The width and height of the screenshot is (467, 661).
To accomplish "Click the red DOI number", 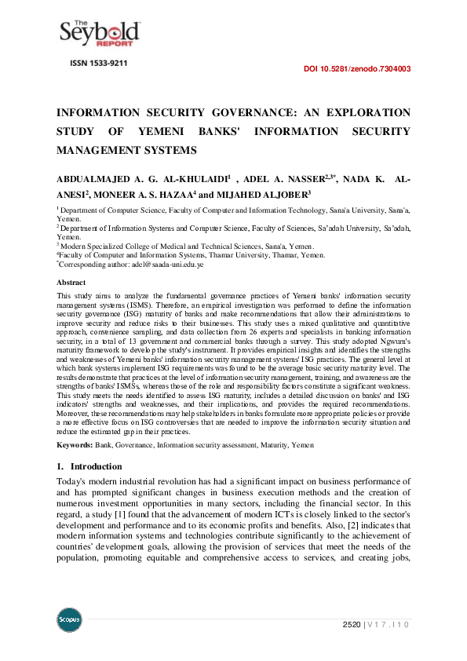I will click(356, 69).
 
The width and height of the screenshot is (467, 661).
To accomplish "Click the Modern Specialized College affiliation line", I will click(186, 246).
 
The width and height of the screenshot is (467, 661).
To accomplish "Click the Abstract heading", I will click(71, 282).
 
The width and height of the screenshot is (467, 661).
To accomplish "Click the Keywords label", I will click(75, 445).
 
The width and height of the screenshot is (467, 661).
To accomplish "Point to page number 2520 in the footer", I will click(351, 624).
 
